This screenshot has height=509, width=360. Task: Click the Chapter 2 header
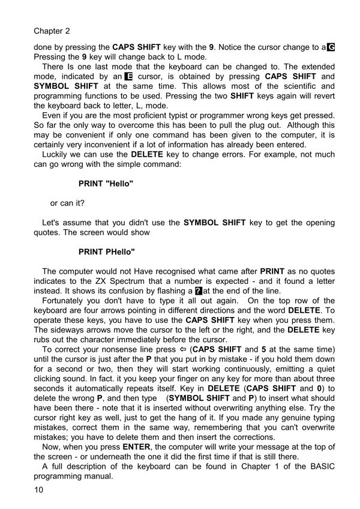coord(52,30)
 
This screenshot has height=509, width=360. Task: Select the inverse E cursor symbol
coord(128,77)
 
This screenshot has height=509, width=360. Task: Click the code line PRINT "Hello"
coord(106,183)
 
